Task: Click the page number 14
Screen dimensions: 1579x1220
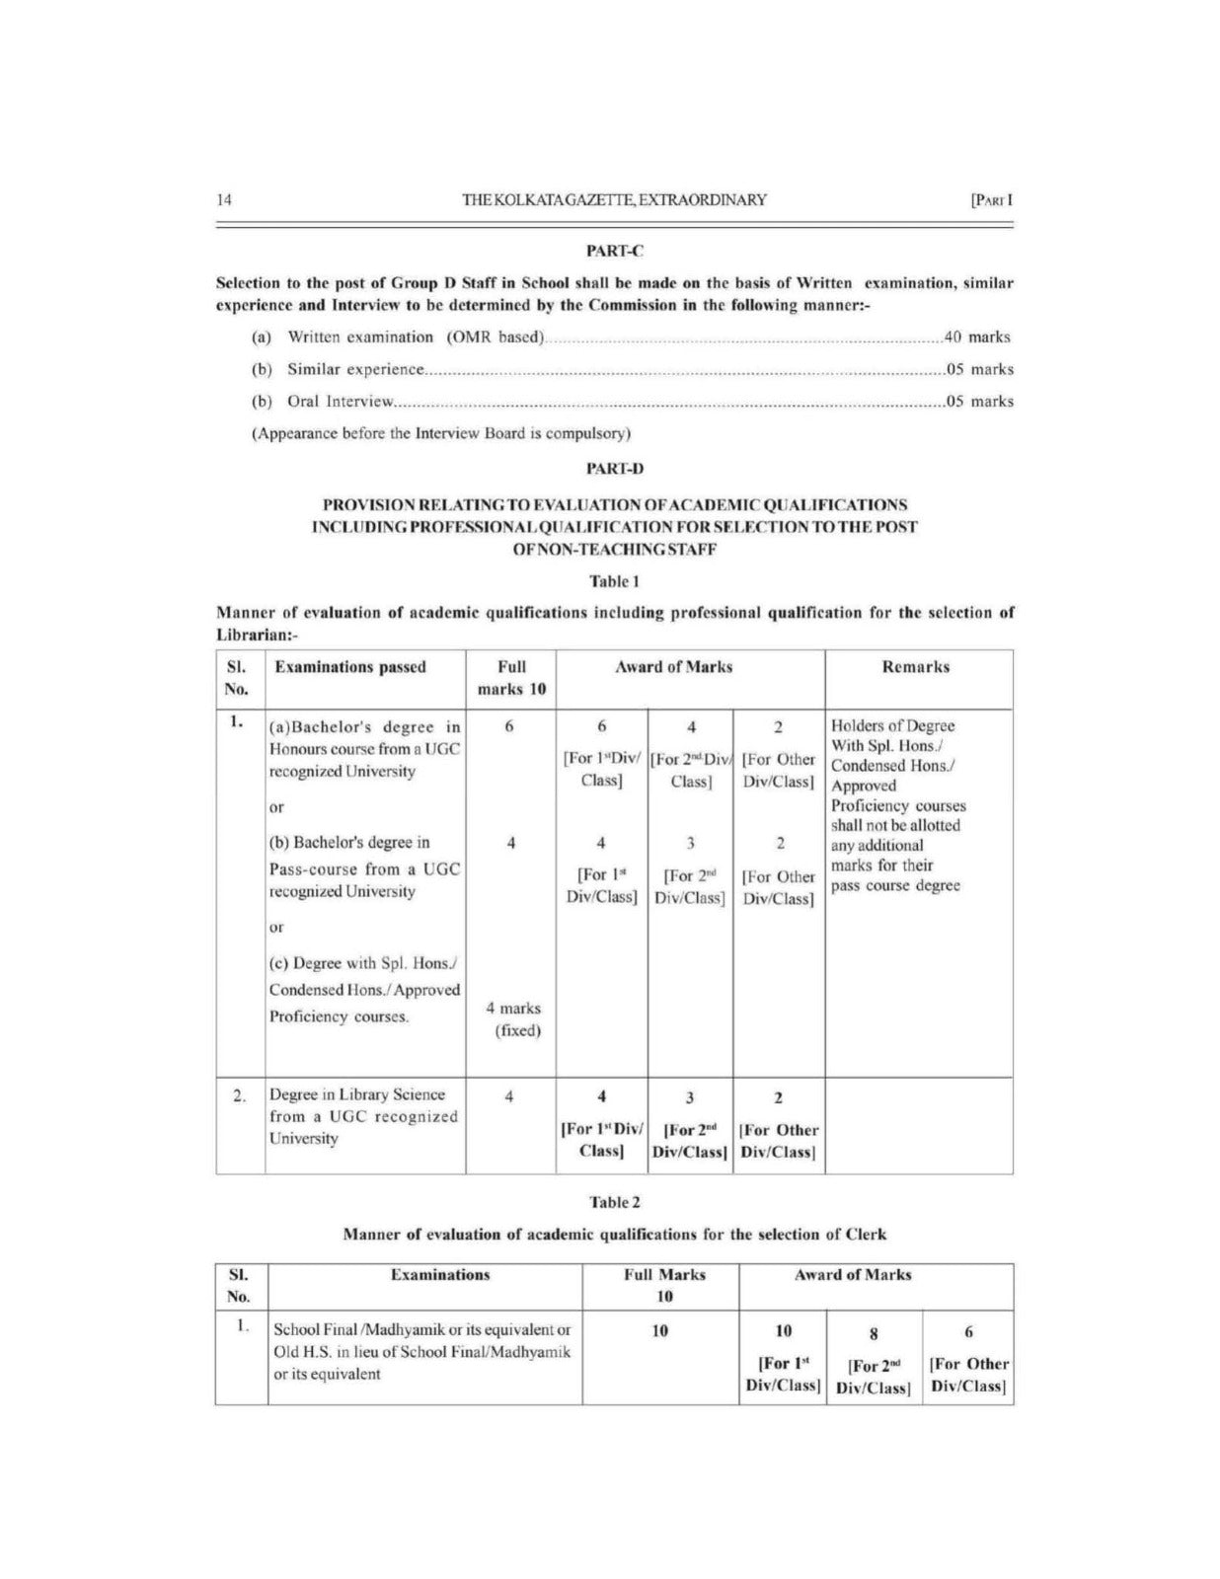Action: (x=224, y=200)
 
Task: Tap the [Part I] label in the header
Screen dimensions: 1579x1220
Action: (x=992, y=200)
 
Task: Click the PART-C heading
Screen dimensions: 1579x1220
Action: (x=615, y=252)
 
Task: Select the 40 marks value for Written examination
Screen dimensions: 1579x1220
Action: (x=977, y=338)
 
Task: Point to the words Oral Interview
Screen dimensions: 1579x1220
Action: (x=341, y=402)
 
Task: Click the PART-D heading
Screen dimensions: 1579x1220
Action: (x=615, y=469)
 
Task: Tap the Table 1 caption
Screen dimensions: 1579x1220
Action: (x=615, y=581)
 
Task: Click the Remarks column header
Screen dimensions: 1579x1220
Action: (x=916, y=667)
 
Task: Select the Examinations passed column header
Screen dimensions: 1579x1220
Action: (x=350, y=667)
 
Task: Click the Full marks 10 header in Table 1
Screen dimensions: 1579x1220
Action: (x=511, y=678)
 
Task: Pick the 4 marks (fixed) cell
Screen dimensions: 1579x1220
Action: (x=514, y=1019)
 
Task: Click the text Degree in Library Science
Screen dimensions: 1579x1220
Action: (x=357, y=1094)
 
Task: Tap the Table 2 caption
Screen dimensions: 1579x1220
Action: (x=615, y=1202)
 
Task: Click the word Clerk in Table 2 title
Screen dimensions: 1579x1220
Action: (x=866, y=1235)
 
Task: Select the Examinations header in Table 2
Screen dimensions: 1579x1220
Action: (x=440, y=1275)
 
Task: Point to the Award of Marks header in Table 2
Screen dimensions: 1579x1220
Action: (x=853, y=1275)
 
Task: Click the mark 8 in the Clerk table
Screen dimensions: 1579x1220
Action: (x=874, y=1334)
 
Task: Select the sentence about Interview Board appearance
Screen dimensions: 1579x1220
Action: (x=441, y=433)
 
